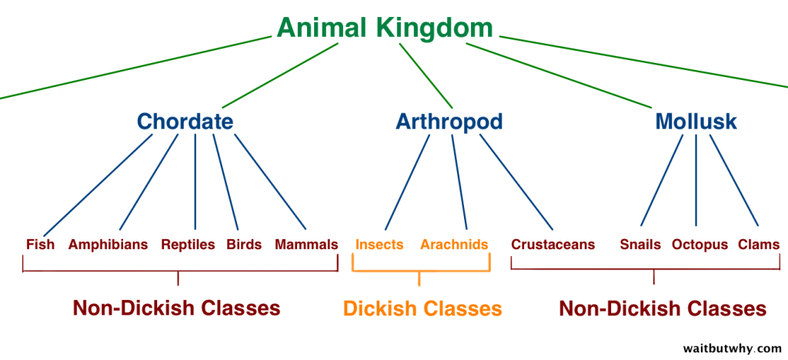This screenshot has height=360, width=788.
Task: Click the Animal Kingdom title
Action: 385,28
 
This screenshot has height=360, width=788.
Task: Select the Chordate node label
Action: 185,122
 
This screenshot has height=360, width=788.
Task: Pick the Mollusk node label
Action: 696,122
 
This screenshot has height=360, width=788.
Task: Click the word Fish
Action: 40,245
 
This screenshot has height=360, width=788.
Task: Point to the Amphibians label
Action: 108,245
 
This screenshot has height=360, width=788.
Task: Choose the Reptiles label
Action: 188,245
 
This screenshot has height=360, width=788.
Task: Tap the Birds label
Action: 244,245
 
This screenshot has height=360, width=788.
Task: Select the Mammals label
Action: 306,245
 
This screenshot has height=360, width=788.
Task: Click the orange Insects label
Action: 379,245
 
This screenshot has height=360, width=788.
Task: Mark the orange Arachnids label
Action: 454,245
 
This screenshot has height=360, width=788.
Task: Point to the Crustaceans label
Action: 553,245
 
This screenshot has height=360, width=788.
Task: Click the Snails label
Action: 640,245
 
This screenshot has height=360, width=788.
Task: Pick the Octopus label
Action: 700,245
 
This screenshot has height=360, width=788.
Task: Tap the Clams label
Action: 759,245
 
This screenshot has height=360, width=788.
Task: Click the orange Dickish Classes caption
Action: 422,309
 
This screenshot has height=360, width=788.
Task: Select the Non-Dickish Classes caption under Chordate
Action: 176,308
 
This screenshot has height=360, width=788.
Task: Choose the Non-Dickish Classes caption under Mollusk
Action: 663,309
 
